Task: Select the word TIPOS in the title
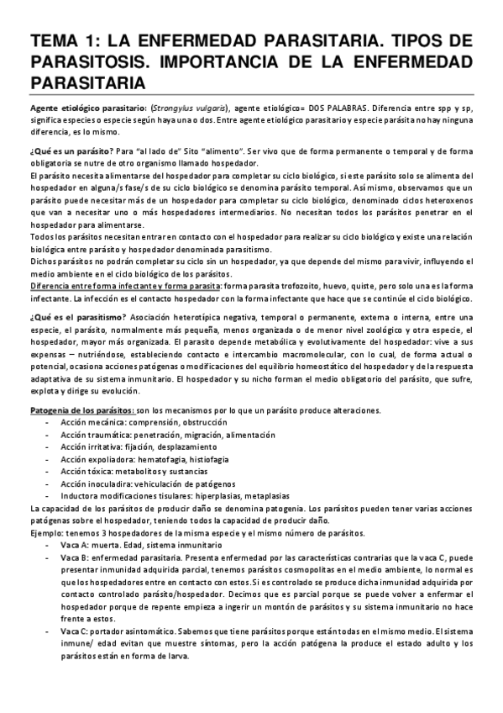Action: [x=413, y=42]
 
